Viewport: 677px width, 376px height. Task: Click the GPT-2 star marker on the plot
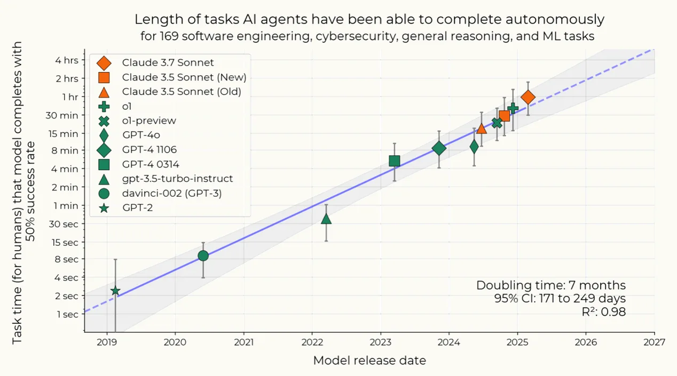tap(115, 291)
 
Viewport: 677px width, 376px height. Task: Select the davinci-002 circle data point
tap(203, 255)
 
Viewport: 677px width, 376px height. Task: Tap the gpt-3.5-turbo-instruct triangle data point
tap(326, 219)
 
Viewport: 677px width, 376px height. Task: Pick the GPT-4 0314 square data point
tap(395, 161)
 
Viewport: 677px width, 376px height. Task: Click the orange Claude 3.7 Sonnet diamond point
tap(528, 97)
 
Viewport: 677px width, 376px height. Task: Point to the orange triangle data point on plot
tap(481, 129)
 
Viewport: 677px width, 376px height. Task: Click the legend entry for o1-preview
tap(149, 121)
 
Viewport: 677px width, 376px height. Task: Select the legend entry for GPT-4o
tap(141, 135)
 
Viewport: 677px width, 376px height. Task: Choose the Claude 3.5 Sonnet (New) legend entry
tap(184, 77)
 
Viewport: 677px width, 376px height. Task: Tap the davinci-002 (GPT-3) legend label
tap(171, 193)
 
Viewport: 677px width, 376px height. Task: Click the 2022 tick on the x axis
tap(312, 341)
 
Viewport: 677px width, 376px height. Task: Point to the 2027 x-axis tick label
tap(654, 341)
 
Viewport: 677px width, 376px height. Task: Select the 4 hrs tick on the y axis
tap(67, 60)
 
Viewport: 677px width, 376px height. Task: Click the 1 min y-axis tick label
tap(67, 205)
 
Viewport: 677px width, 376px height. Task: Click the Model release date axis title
tap(369, 361)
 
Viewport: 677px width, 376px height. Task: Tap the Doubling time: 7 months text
tap(550, 285)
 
